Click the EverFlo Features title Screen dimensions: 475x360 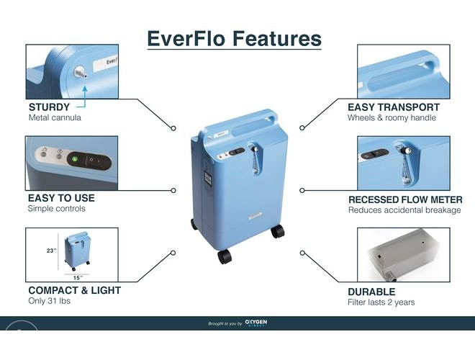pyautogui.click(x=234, y=39)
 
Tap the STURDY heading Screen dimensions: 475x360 pyautogui.click(x=49, y=107)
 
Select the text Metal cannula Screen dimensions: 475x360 pyautogui.click(x=55, y=117)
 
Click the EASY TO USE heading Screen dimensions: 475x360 pyautogui.click(x=61, y=198)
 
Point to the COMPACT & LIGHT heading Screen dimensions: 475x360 pyautogui.click(x=75, y=290)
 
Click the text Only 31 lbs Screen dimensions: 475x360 pyautogui.click(x=50, y=301)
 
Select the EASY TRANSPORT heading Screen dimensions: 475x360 pyautogui.click(x=394, y=107)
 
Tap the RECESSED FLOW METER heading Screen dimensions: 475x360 pyautogui.click(x=405, y=199)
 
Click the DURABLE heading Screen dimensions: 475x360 pyautogui.click(x=371, y=292)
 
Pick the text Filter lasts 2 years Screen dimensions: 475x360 pyautogui.click(x=381, y=302)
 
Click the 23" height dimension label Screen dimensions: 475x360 pyautogui.click(x=52, y=251)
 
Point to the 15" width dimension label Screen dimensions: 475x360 pyautogui.click(x=78, y=278)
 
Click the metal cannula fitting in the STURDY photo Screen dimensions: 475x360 pyautogui.click(x=80, y=72)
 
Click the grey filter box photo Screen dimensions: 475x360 pyautogui.click(x=403, y=255)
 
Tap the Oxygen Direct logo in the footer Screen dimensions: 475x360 pyautogui.click(x=256, y=323)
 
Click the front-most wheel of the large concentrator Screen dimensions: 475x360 pyautogui.click(x=225, y=256)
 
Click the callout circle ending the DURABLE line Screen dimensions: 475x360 pyautogui.click(x=302, y=253)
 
